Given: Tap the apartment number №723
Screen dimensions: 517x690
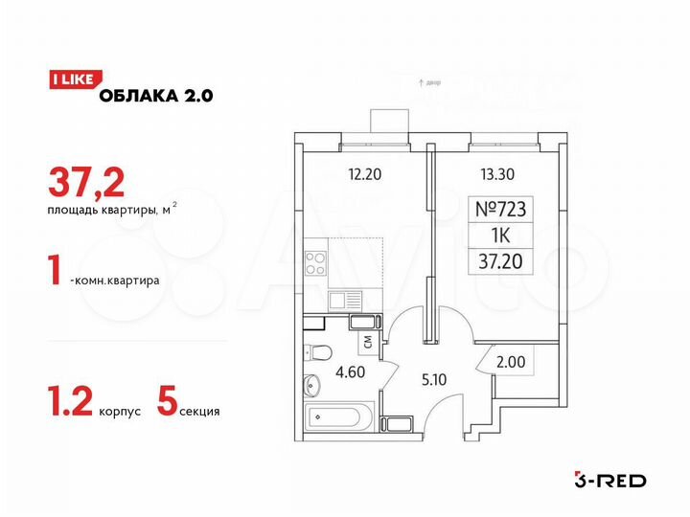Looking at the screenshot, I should [x=501, y=210].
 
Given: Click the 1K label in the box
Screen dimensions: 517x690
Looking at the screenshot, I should [x=501, y=234].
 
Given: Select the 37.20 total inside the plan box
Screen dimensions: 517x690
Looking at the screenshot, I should [x=501, y=258].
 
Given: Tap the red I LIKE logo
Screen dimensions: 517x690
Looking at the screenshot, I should [x=70, y=80].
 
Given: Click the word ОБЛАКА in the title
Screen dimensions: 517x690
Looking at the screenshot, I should [x=134, y=95].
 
